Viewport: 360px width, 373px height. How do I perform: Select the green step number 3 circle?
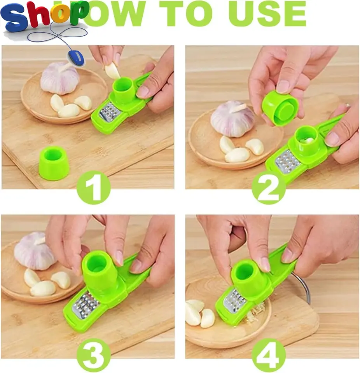pyautogui.click(x=93, y=355)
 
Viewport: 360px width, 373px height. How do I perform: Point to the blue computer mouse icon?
pyautogui.click(x=77, y=57)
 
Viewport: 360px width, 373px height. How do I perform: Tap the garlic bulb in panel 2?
pyautogui.click(x=232, y=119)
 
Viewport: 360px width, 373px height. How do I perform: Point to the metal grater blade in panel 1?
pyautogui.click(x=110, y=112)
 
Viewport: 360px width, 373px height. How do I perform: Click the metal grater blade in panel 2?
pyautogui.click(x=288, y=161)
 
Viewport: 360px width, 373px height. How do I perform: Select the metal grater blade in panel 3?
pyautogui.click(x=86, y=305)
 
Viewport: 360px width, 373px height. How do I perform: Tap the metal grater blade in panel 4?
pyautogui.click(x=235, y=300)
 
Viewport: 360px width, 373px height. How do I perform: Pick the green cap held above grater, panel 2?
pyautogui.click(x=280, y=108)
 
